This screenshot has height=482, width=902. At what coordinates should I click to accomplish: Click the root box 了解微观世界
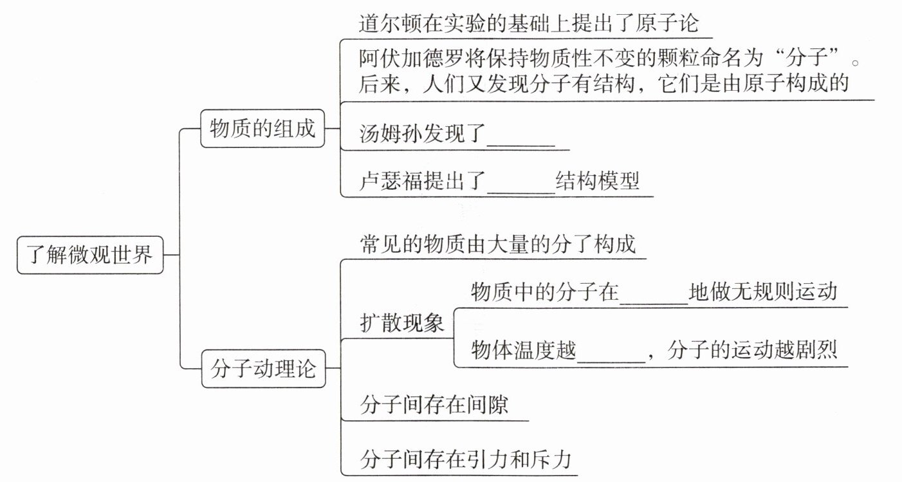[x=90, y=255]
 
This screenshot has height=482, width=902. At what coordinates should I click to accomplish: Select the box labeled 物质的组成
[x=262, y=129]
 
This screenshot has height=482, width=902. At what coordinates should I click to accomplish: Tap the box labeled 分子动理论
[x=263, y=369]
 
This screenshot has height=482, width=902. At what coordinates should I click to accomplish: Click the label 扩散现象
[x=402, y=323]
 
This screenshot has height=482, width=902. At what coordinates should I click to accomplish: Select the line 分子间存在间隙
[x=434, y=405]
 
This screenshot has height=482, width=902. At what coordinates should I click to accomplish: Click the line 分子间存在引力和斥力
[x=466, y=459]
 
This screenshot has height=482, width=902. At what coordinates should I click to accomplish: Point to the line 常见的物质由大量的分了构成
[x=498, y=244]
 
